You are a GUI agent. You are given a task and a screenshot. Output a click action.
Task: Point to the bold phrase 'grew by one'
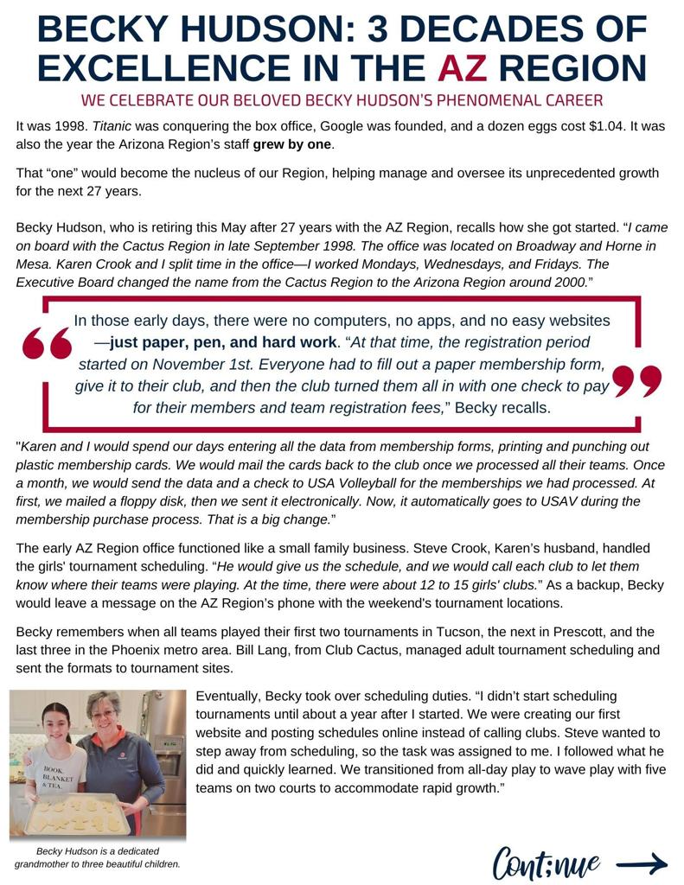coord(292,143)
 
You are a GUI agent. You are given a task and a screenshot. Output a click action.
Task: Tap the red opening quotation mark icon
coord(47,345)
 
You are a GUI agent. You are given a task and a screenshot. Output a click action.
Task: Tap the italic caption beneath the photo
coord(97,857)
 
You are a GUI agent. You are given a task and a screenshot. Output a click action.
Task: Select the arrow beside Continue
coord(642,863)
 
